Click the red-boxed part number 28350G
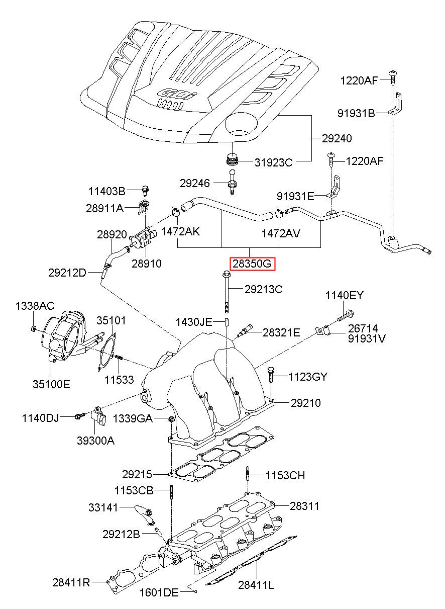252,264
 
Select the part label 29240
337,139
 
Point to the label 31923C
273,162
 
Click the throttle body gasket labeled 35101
107,353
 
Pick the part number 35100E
52,384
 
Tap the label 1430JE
194,322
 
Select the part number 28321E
281,332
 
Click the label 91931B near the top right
356,113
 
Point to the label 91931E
295,196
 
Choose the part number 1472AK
180,232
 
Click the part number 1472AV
281,233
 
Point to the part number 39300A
95,441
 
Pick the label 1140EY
344,295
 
